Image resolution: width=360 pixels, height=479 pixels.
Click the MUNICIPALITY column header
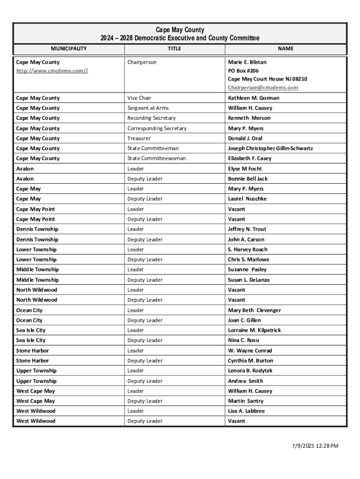[69, 49]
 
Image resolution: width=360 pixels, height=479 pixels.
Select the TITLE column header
[174, 49]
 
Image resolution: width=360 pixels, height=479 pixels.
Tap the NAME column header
[285, 49]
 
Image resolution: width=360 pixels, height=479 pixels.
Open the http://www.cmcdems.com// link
[52, 71]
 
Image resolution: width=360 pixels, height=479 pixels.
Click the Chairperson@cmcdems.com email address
[263, 87]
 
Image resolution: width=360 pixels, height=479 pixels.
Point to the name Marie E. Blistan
[247, 62]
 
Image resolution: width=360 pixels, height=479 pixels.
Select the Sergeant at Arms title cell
[148, 108]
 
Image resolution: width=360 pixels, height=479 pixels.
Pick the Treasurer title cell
[139, 138]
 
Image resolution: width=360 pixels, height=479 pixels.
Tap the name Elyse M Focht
[245, 169]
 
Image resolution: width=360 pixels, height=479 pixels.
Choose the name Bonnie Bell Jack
[248, 179]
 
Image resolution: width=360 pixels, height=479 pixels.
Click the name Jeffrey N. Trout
[247, 229]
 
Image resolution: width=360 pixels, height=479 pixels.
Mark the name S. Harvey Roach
[248, 249]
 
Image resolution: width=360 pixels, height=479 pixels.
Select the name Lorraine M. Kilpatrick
[254, 330]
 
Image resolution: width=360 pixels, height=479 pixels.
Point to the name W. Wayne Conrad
[250, 350]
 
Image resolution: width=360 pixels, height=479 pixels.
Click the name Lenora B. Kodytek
[250, 370]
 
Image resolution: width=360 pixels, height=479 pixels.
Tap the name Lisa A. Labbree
[246, 411]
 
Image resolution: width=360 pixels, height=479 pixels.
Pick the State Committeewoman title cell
[157, 159]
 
